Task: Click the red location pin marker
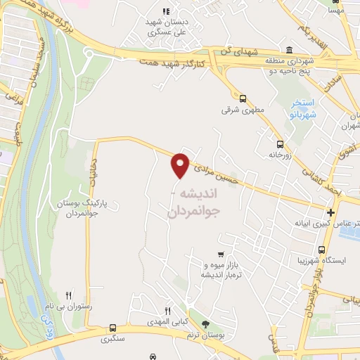click(181, 165)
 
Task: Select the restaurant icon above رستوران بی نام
click(68, 295)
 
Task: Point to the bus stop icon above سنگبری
click(113, 328)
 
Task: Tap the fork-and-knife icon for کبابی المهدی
click(167, 311)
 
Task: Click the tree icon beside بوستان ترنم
click(205, 324)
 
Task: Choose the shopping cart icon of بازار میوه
click(221, 254)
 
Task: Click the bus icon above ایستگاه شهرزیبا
click(321, 250)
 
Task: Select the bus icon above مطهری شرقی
click(243, 98)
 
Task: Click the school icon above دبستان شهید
click(166, 11)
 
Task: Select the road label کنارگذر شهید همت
click(171, 63)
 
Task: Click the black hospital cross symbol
click(330, 212)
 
